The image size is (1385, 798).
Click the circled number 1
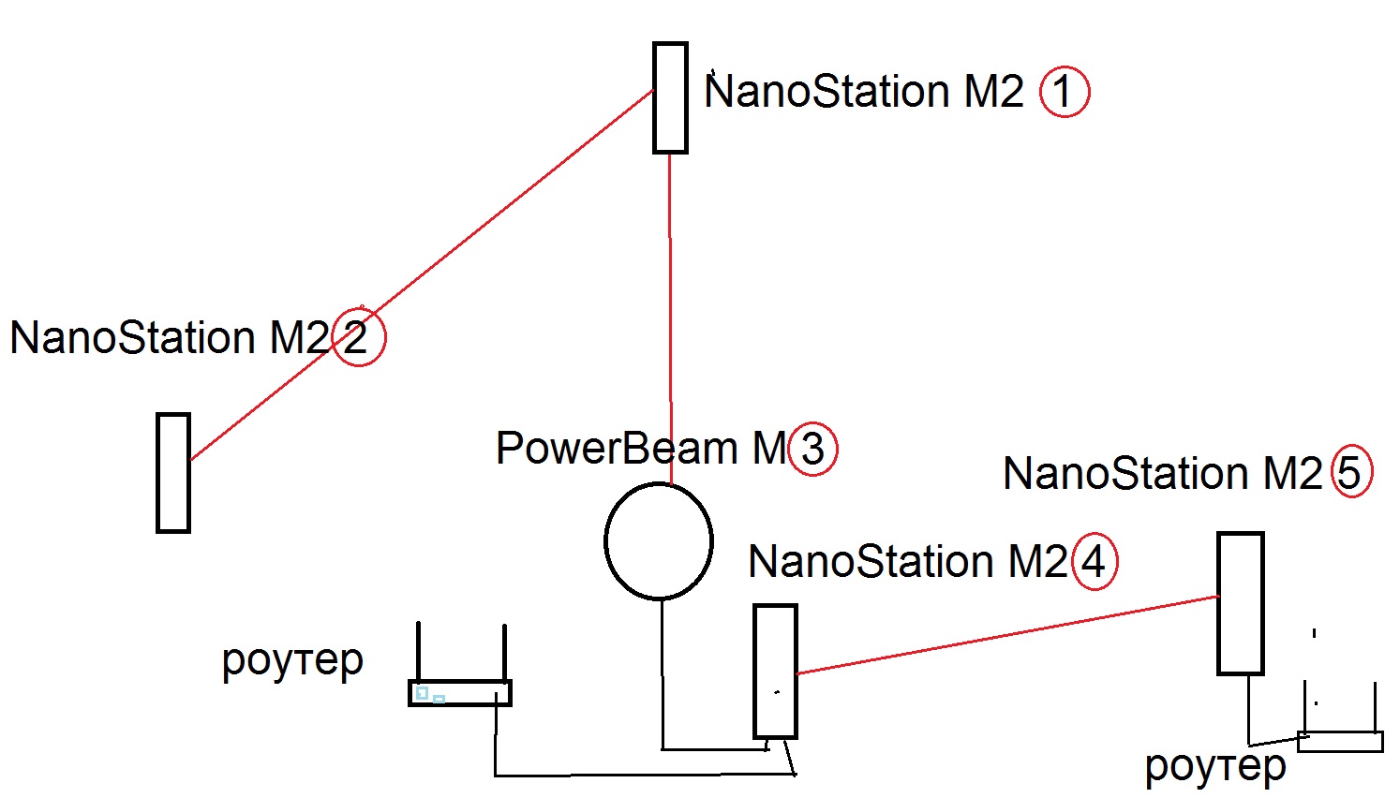click(1065, 92)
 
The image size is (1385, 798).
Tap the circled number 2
click(358, 337)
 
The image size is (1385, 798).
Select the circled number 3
click(812, 449)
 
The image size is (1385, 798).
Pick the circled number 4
click(1094, 561)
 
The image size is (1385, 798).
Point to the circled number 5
click(1351, 472)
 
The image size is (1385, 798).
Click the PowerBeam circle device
click(659, 541)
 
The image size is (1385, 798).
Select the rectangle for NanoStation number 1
click(670, 97)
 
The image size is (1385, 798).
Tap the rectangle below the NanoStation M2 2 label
click(173, 473)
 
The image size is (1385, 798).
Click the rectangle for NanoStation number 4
click(775, 671)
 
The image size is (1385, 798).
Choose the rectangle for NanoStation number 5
click(1240, 603)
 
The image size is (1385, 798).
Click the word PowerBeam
click(617, 449)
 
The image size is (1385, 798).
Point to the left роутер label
click(292, 661)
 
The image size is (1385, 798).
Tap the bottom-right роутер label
click(1215, 767)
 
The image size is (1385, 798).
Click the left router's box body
click(460, 693)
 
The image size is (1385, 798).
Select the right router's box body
click(1340, 742)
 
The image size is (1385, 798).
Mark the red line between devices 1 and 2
click(422, 275)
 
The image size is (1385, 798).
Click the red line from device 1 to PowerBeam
click(670, 318)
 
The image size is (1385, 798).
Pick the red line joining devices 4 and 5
click(1007, 634)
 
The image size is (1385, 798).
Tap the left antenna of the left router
click(418, 651)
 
